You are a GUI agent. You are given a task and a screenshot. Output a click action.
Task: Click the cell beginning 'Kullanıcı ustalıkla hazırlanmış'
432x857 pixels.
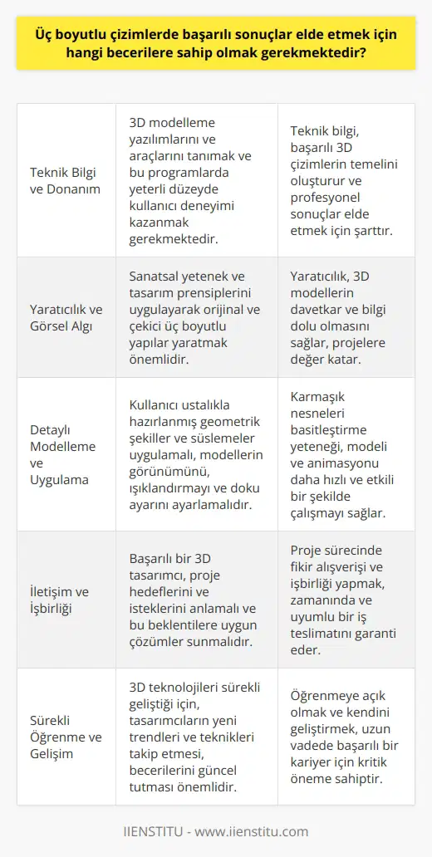point(195,454)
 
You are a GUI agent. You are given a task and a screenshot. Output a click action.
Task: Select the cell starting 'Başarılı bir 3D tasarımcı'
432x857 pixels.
point(195,600)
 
